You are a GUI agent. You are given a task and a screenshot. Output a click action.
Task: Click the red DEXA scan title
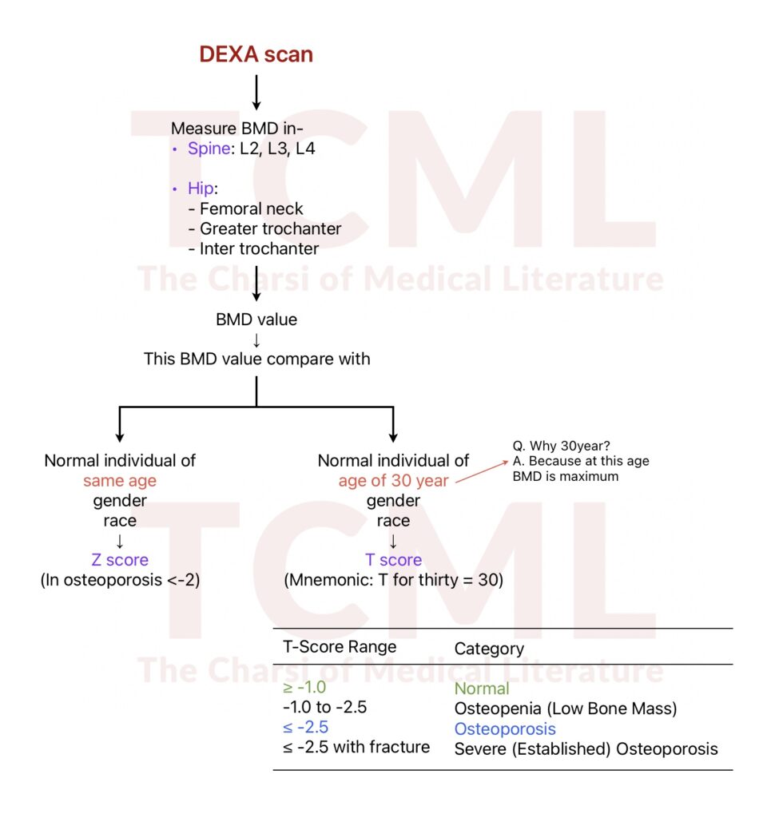point(256,54)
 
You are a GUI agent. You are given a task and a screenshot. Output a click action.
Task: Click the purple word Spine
point(208,149)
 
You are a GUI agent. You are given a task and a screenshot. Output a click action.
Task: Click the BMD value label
point(256,320)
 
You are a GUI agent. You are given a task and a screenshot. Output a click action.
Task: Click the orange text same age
point(120,481)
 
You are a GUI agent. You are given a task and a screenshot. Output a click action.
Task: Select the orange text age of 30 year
point(393,481)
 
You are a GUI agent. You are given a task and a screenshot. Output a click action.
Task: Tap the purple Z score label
point(120,560)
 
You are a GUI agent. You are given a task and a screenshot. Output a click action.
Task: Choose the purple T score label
point(393,560)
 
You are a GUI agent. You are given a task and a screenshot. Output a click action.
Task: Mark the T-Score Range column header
point(340,647)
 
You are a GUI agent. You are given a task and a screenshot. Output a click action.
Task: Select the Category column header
point(489,649)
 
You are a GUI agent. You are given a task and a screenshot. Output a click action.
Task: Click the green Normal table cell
point(482,688)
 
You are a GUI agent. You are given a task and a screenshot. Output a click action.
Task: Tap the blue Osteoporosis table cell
point(505,729)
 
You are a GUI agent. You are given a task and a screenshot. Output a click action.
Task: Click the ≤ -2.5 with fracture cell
point(356,747)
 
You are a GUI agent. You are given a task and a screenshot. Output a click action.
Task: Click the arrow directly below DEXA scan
point(256,91)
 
